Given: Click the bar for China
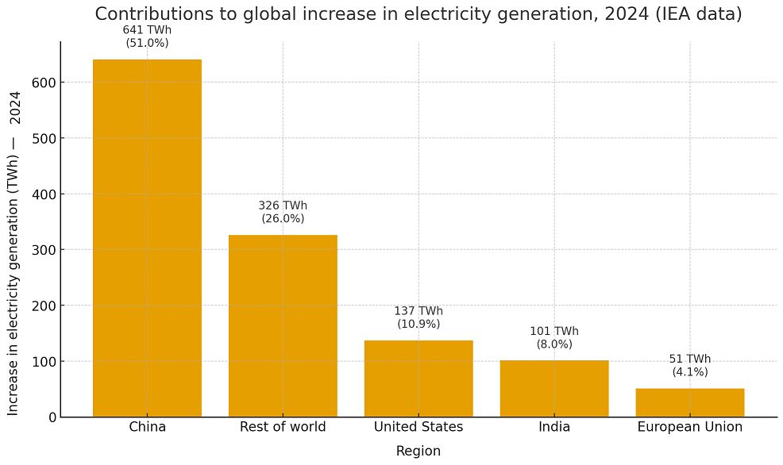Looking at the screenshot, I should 147,238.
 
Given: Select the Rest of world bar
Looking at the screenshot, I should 283,325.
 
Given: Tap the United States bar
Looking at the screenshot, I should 418,379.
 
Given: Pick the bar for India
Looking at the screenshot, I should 554,389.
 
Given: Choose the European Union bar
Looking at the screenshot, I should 690,402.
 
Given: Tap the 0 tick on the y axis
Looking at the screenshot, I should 51,417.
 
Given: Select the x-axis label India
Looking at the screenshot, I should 554,427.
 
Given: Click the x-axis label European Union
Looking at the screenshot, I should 690,427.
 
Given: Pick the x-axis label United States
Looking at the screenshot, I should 418,427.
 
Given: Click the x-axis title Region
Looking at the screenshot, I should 418,451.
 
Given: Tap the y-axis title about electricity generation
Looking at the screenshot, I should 14,252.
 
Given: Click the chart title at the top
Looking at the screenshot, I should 418,14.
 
